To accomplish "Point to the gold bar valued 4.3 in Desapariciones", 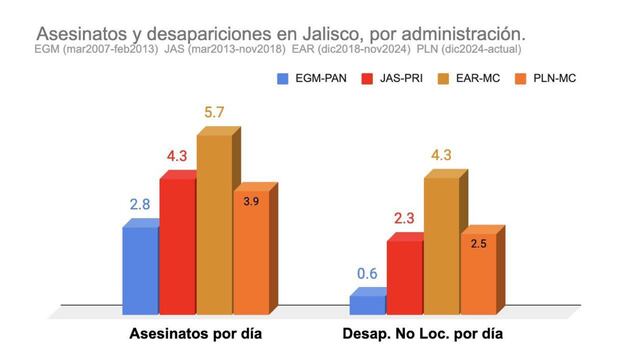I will click(x=441, y=240).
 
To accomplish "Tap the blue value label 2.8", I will click(x=141, y=205).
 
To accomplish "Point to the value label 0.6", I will click(x=367, y=274).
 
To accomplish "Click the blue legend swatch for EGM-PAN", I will click(x=283, y=78).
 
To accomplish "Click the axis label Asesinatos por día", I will click(x=196, y=333).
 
